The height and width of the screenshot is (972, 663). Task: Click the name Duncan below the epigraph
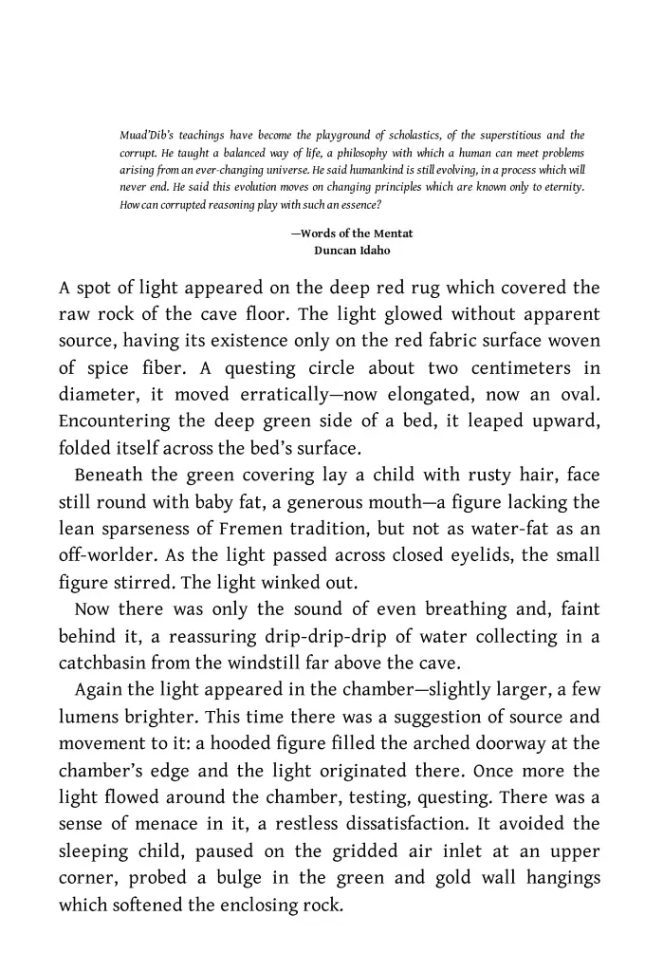pos(336,251)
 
